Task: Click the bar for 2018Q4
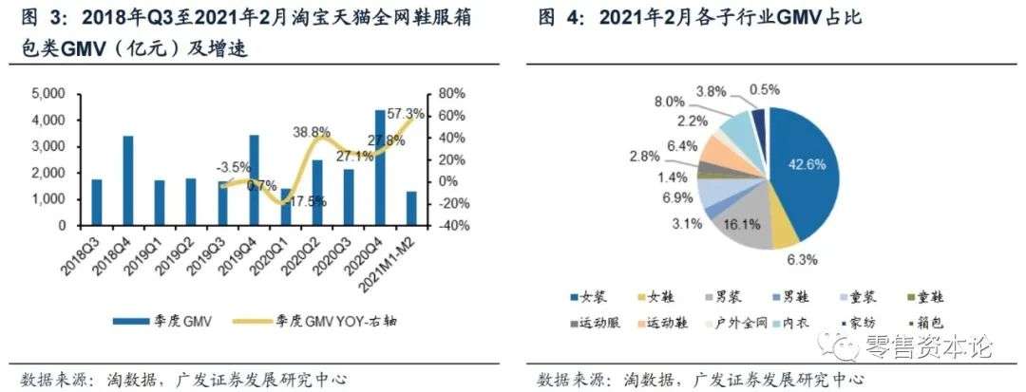(x=128, y=180)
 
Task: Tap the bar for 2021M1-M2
(x=411, y=209)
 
